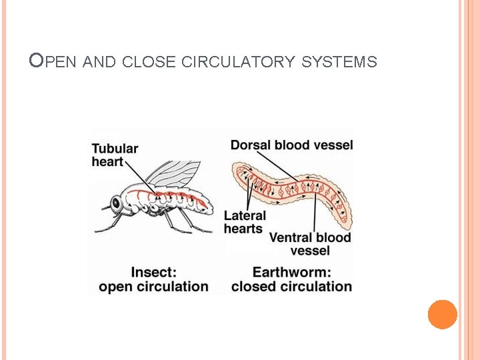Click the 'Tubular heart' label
115,155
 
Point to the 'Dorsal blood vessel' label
292,145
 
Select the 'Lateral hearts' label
244,222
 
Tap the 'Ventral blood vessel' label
310,243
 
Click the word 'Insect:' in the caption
153,272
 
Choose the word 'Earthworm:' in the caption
291,272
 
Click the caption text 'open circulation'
153,287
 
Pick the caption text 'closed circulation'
291,287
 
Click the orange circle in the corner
443,315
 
